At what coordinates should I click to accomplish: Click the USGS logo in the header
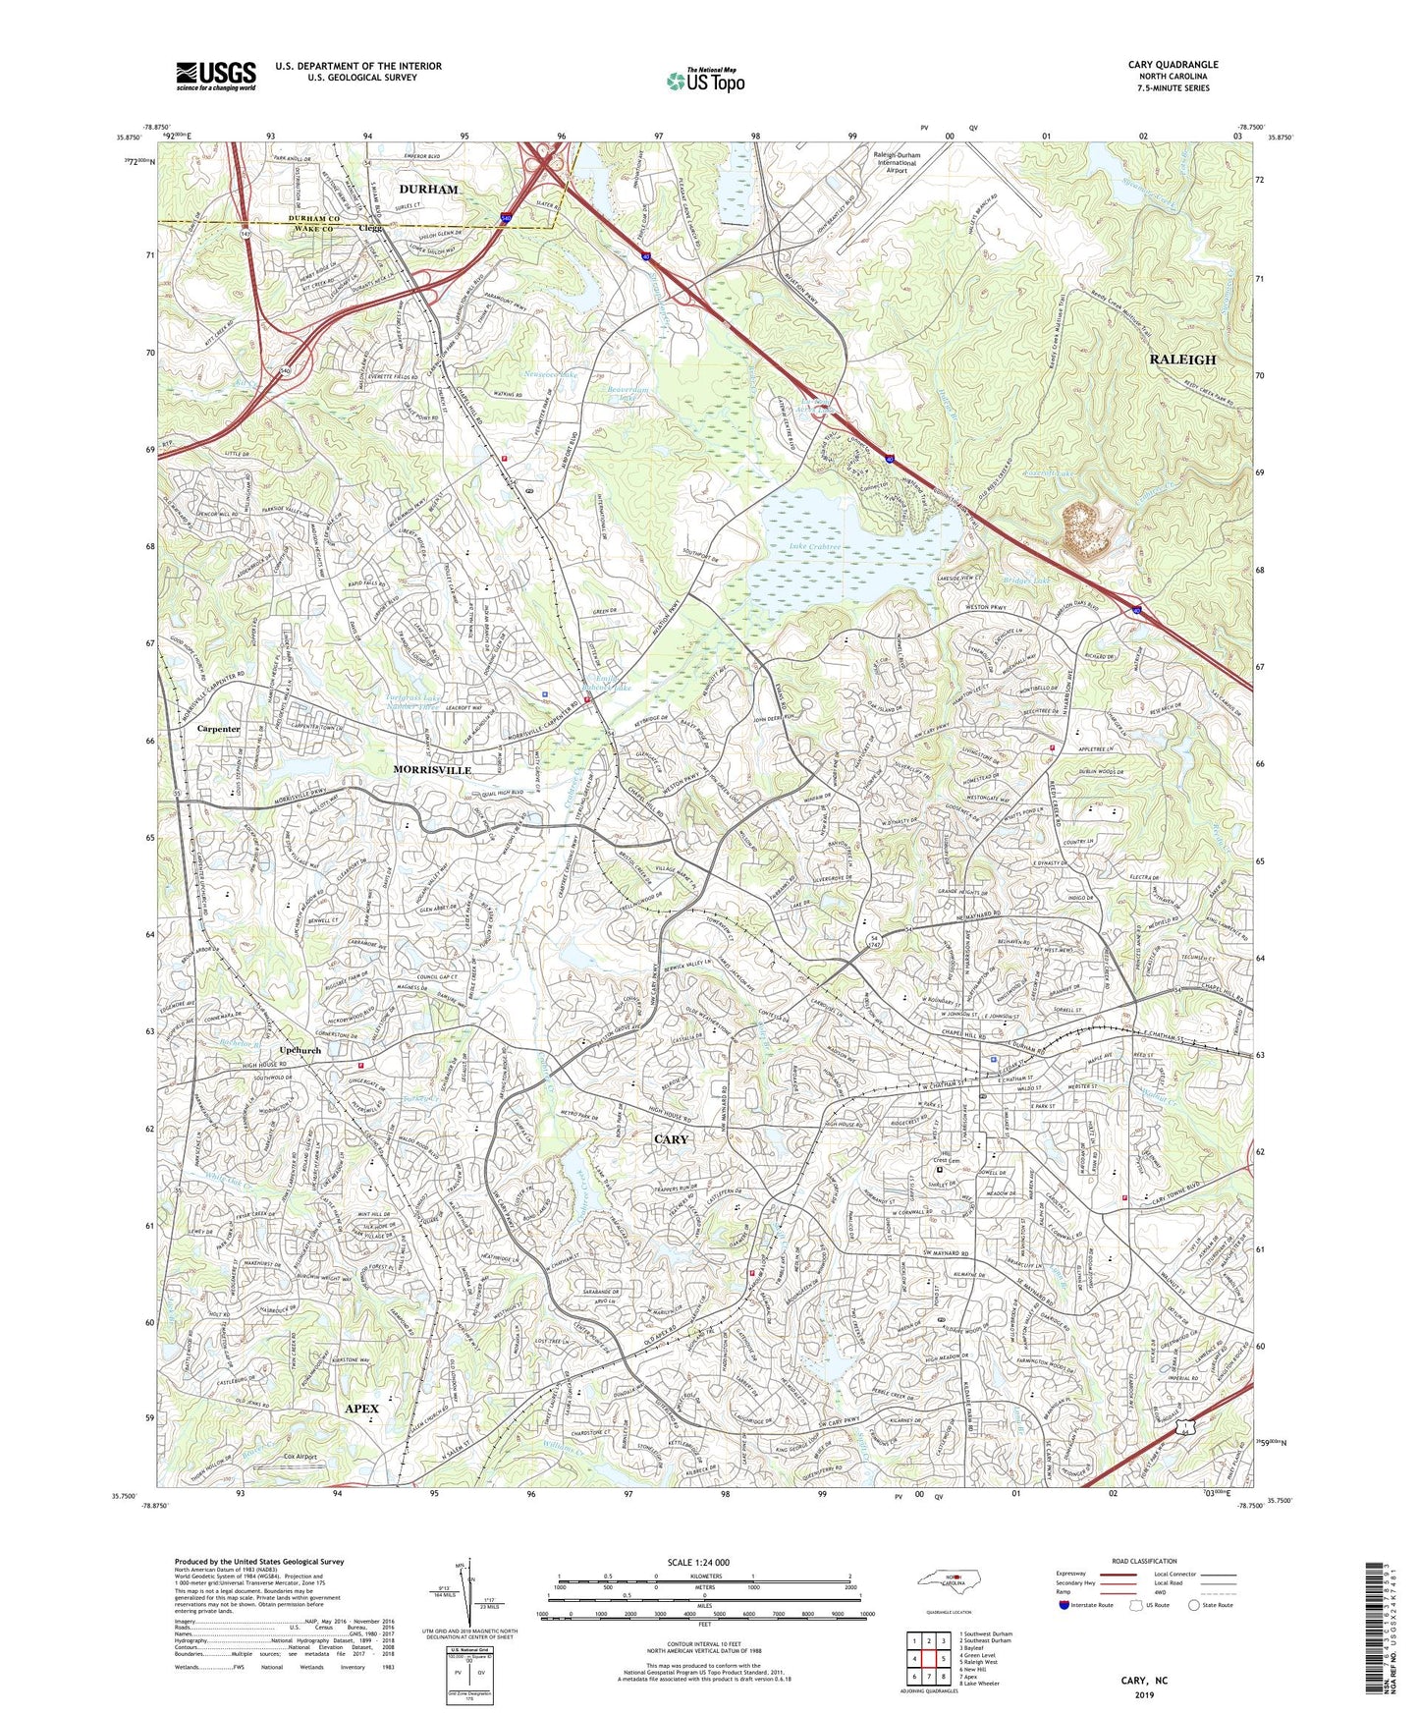tap(216, 75)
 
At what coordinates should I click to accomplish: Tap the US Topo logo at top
tap(704, 81)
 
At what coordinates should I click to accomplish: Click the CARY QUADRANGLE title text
tap(1173, 65)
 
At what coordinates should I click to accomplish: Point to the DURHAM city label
tap(428, 189)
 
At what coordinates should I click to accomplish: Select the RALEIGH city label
tap(1182, 360)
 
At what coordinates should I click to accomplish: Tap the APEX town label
tap(361, 1408)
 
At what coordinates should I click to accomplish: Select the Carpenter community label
tap(218, 729)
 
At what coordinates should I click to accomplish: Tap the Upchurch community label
tap(300, 1050)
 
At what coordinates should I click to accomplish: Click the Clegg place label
tap(370, 228)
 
